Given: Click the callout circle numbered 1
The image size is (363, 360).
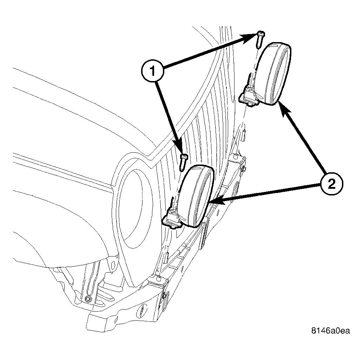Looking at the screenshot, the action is [x=153, y=71].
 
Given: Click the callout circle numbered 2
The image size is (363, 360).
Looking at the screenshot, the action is [x=332, y=185].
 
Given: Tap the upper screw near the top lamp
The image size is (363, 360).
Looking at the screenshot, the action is [x=261, y=39].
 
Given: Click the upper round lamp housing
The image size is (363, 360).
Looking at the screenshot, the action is [x=273, y=74].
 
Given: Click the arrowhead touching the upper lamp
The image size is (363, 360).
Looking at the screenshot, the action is [x=284, y=109].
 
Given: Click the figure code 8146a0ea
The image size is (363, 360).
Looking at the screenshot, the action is [x=330, y=331].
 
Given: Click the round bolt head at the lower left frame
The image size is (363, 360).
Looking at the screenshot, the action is [x=88, y=299].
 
